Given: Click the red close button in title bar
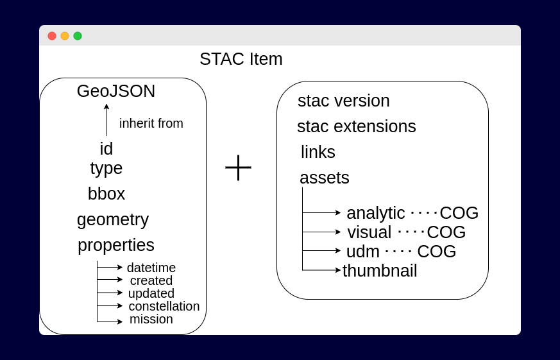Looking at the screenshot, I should (52, 36).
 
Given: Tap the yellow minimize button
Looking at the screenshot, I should (65, 36).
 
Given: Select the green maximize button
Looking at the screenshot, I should (78, 36).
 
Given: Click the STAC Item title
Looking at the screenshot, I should (241, 59).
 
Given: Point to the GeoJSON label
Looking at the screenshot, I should (116, 91).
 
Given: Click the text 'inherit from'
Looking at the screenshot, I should (151, 123).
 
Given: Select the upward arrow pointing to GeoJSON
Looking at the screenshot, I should (106, 119).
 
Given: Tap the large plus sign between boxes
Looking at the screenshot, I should (238, 167).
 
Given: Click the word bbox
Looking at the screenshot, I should (106, 194).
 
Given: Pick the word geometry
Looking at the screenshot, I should (113, 219).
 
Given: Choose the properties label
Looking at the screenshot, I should (116, 245).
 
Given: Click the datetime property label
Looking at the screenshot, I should (151, 268).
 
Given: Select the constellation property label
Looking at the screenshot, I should (164, 306).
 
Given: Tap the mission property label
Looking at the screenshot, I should (151, 319).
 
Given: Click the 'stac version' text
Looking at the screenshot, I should (343, 101).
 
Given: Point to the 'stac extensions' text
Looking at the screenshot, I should (356, 126).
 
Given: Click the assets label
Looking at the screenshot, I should (324, 178).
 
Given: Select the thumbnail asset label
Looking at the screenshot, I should (379, 271).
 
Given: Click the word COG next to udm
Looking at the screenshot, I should (436, 252).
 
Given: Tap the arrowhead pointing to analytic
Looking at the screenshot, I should (338, 212).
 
